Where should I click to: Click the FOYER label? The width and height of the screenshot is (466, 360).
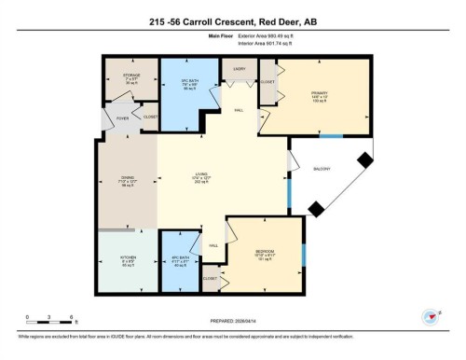pos(123,118)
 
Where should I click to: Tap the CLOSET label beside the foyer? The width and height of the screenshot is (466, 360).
pos(150,117)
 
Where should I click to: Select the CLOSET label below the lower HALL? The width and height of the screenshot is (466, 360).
pos(211,279)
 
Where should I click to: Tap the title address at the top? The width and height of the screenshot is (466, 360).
pos(233,21)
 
